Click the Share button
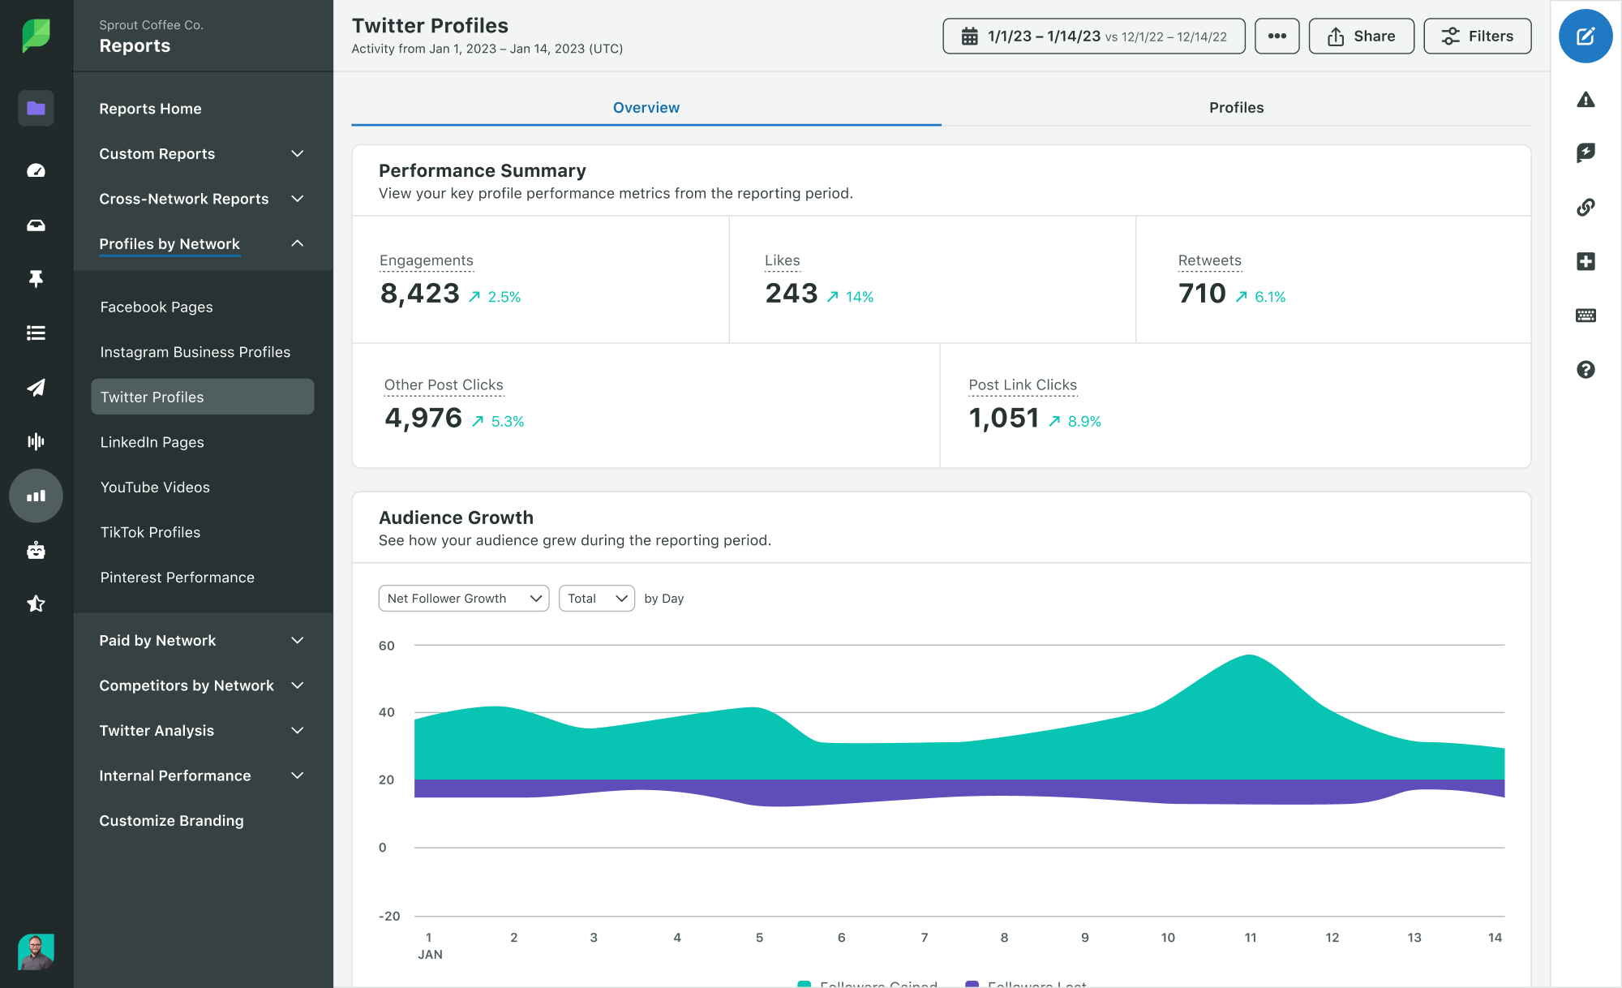tap(1361, 37)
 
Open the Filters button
tap(1477, 37)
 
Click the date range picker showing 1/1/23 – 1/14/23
tap(1093, 37)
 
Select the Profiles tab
tap(1235, 108)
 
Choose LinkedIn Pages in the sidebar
tap(152, 442)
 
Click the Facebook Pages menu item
tap(156, 307)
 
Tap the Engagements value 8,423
tap(419, 294)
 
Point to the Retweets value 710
tap(1201, 294)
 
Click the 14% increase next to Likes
tap(859, 297)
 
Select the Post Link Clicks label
tap(1022, 385)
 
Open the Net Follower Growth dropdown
tap(463, 599)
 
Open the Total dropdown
tap(596, 599)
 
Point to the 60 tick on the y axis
tap(386, 646)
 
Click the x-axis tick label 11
tap(1250, 938)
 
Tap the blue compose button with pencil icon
tap(1585, 37)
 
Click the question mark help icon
tap(1585, 370)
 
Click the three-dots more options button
tap(1277, 37)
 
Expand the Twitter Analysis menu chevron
tap(298, 731)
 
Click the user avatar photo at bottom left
tap(36, 951)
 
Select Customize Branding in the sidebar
tap(171, 821)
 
